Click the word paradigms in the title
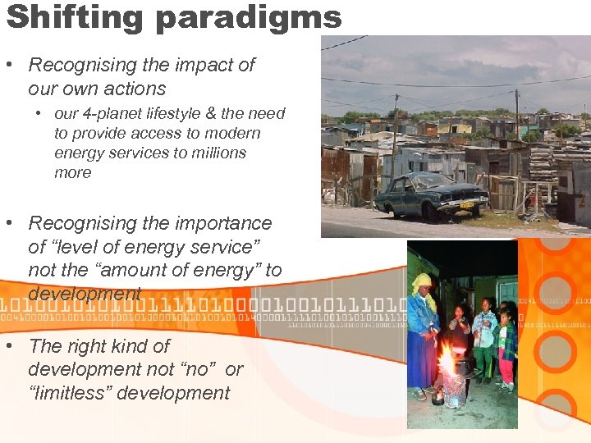(x=247, y=16)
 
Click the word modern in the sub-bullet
(x=233, y=133)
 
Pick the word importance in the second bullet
(x=213, y=223)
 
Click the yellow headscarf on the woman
(x=422, y=283)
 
